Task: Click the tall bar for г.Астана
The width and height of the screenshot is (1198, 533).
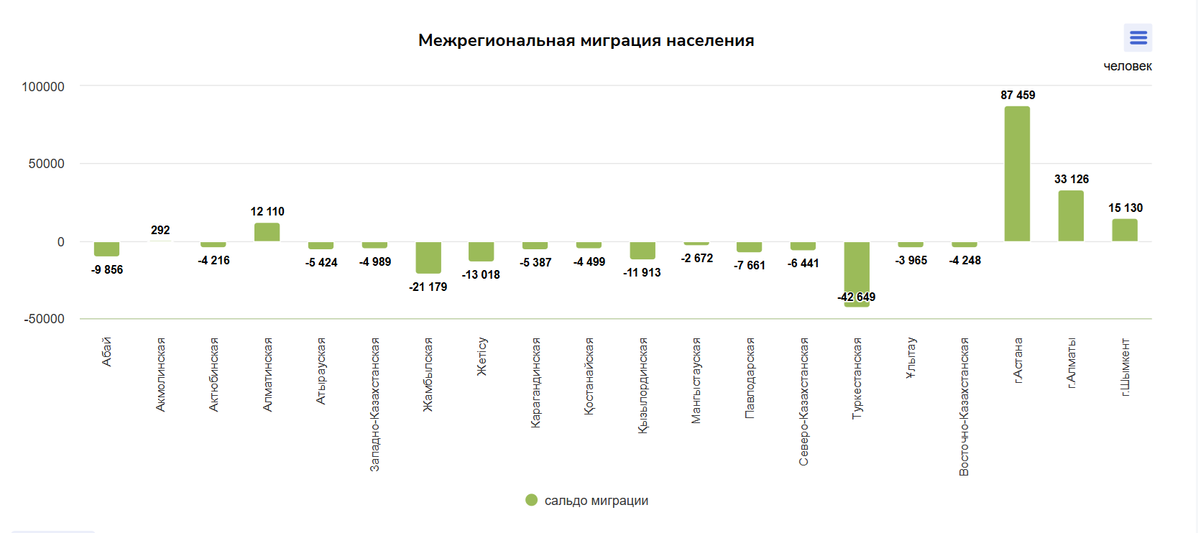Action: point(1017,174)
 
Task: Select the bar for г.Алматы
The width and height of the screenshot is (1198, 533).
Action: point(1071,215)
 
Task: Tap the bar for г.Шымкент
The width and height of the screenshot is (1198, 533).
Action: point(1125,230)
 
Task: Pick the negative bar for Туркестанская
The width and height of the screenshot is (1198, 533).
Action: point(857,273)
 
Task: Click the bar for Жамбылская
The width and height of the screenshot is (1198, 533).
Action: point(428,257)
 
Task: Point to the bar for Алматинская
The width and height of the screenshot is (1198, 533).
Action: point(267,232)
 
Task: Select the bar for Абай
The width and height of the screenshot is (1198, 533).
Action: point(106,249)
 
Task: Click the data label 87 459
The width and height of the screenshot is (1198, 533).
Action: point(1018,95)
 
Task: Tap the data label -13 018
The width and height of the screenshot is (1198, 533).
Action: point(481,274)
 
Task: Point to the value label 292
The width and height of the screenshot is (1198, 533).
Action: point(160,230)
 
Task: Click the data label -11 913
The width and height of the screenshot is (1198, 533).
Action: point(642,272)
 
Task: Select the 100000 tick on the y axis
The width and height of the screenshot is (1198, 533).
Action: point(43,87)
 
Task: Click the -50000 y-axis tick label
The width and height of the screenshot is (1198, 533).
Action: point(45,319)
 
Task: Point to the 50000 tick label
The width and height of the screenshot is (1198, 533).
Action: point(47,164)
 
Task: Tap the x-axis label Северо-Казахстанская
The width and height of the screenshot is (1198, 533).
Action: point(803,401)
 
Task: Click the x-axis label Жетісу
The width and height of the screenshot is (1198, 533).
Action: point(481,356)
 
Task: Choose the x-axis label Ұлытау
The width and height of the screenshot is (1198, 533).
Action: point(911,358)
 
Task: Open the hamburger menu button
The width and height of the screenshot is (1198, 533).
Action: point(1138,37)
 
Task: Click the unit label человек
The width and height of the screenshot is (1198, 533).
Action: point(1127,66)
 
